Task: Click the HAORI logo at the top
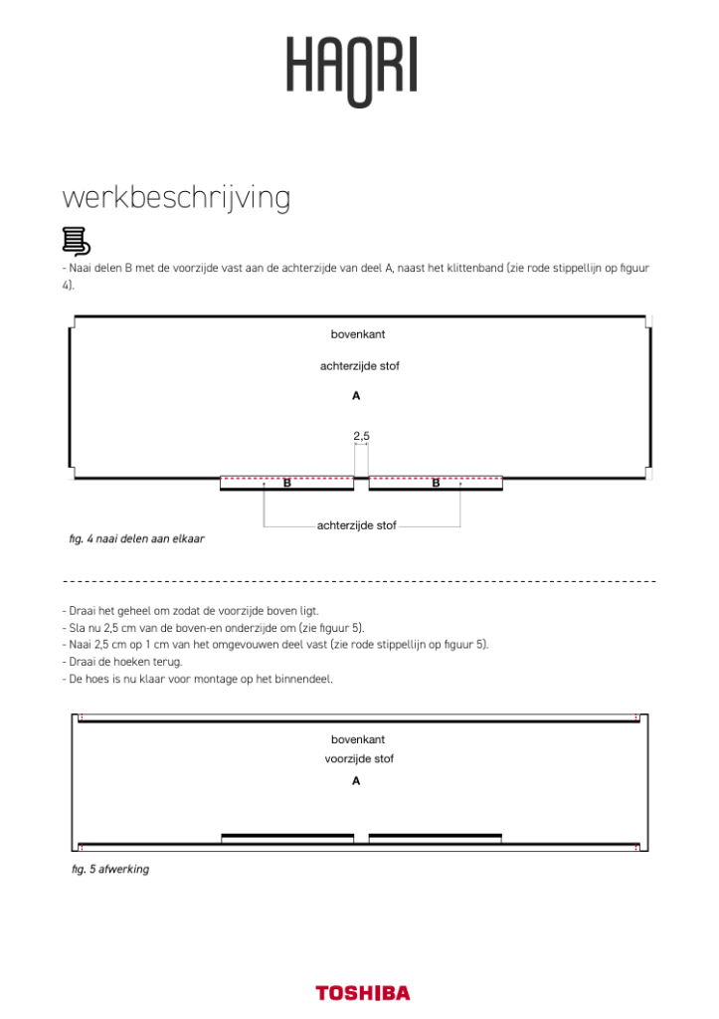pyautogui.click(x=352, y=69)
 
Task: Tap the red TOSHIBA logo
pyautogui.click(x=362, y=992)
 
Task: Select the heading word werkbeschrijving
pyautogui.click(x=176, y=198)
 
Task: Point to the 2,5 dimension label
pyautogui.click(x=361, y=435)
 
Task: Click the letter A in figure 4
pyautogui.click(x=356, y=396)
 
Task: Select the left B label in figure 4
pyautogui.click(x=286, y=484)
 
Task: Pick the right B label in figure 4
pyautogui.click(x=436, y=484)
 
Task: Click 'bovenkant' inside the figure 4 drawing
pyautogui.click(x=358, y=334)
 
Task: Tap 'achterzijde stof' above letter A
pyautogui.click(x=359, y=366)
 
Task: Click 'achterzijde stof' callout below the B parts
pyautogui.click(x=358, y=525)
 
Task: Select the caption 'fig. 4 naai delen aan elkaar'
pyautogui.click(x=137, y=538)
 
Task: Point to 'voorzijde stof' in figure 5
pyautogui.click(x=359, y=759)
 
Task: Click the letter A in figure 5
pyautogui.click(x=356, y=781)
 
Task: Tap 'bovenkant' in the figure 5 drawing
pyautogui.click(x=358, y=739)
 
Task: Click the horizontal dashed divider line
pyautogui.click(x=359, y=580)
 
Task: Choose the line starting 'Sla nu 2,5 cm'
pyautogui.click(x=213, y=628)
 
